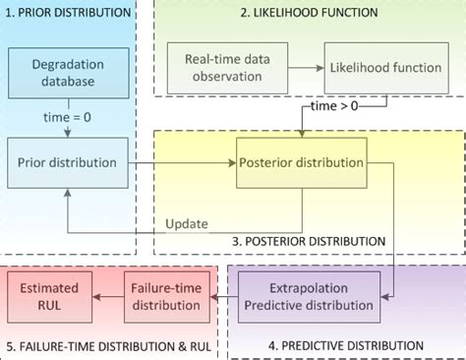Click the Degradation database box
pyautogui.click(x=68, y=72)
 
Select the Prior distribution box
pyautogui.click(x=68, y=162)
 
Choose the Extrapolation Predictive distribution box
pyautogui.click(x=309, y=296)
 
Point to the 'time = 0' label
pyautogui.click(x=68, y=117)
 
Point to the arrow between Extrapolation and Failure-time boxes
pyautogui.click(x=227, y=296)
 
